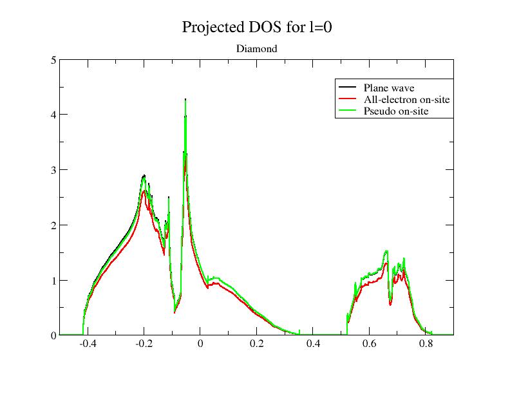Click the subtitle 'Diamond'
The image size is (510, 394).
pos(256,49)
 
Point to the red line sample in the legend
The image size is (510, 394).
pos(347,99)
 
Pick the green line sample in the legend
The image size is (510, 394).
pos(347,111)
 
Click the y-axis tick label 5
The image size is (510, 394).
pos(54,60)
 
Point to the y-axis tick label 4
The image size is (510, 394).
pos(54,115)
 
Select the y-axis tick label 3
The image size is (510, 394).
pos(54,170)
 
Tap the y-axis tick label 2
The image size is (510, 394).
pos(54,225)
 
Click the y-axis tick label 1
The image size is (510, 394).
pos(54,281)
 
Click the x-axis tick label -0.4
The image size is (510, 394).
pos(88,344)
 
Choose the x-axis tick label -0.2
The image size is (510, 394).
pos(144,344)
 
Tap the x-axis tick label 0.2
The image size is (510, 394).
pos(256,344)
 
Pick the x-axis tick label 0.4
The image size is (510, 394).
pos(313,344)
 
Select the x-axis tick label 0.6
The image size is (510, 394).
pos(369,344)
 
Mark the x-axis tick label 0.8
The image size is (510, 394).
pos(426,344)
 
